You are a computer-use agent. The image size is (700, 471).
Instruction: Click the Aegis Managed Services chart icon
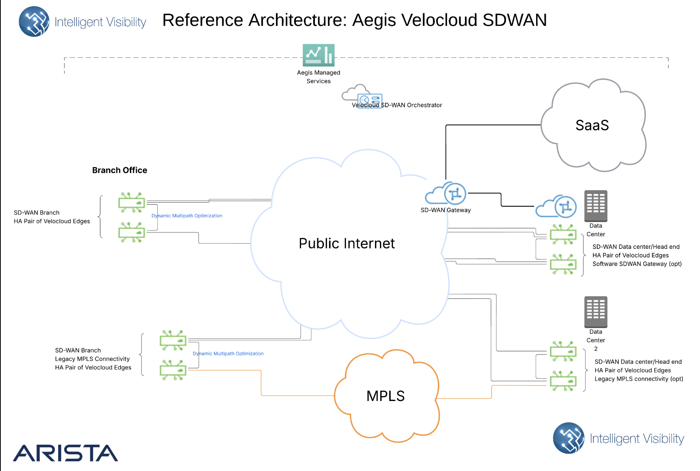318,55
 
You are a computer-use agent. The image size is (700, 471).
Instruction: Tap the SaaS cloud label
592,125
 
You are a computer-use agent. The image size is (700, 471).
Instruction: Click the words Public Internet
346,244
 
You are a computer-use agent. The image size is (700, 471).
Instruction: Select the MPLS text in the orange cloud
385,396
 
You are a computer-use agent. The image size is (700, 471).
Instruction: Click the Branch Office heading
119,170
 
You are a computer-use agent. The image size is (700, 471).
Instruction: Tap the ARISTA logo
66,453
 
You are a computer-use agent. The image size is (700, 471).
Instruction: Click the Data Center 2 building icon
596,312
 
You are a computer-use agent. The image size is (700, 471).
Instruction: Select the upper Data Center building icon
596,206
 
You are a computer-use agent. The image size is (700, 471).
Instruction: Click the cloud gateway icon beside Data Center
556,207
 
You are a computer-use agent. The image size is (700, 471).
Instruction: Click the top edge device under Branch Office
132,202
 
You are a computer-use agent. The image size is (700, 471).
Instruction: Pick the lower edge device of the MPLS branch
173,370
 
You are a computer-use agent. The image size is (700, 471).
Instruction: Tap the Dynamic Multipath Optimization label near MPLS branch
228,354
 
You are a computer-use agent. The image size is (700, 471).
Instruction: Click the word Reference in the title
203,20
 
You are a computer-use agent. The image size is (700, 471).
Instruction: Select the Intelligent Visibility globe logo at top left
34,21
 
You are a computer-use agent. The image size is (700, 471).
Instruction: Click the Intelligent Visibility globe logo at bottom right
568,438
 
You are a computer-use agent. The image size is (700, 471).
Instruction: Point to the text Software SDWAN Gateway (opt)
637,264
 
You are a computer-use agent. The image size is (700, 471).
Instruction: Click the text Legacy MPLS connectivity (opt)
638,379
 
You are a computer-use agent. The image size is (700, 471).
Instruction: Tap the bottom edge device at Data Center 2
563,381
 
